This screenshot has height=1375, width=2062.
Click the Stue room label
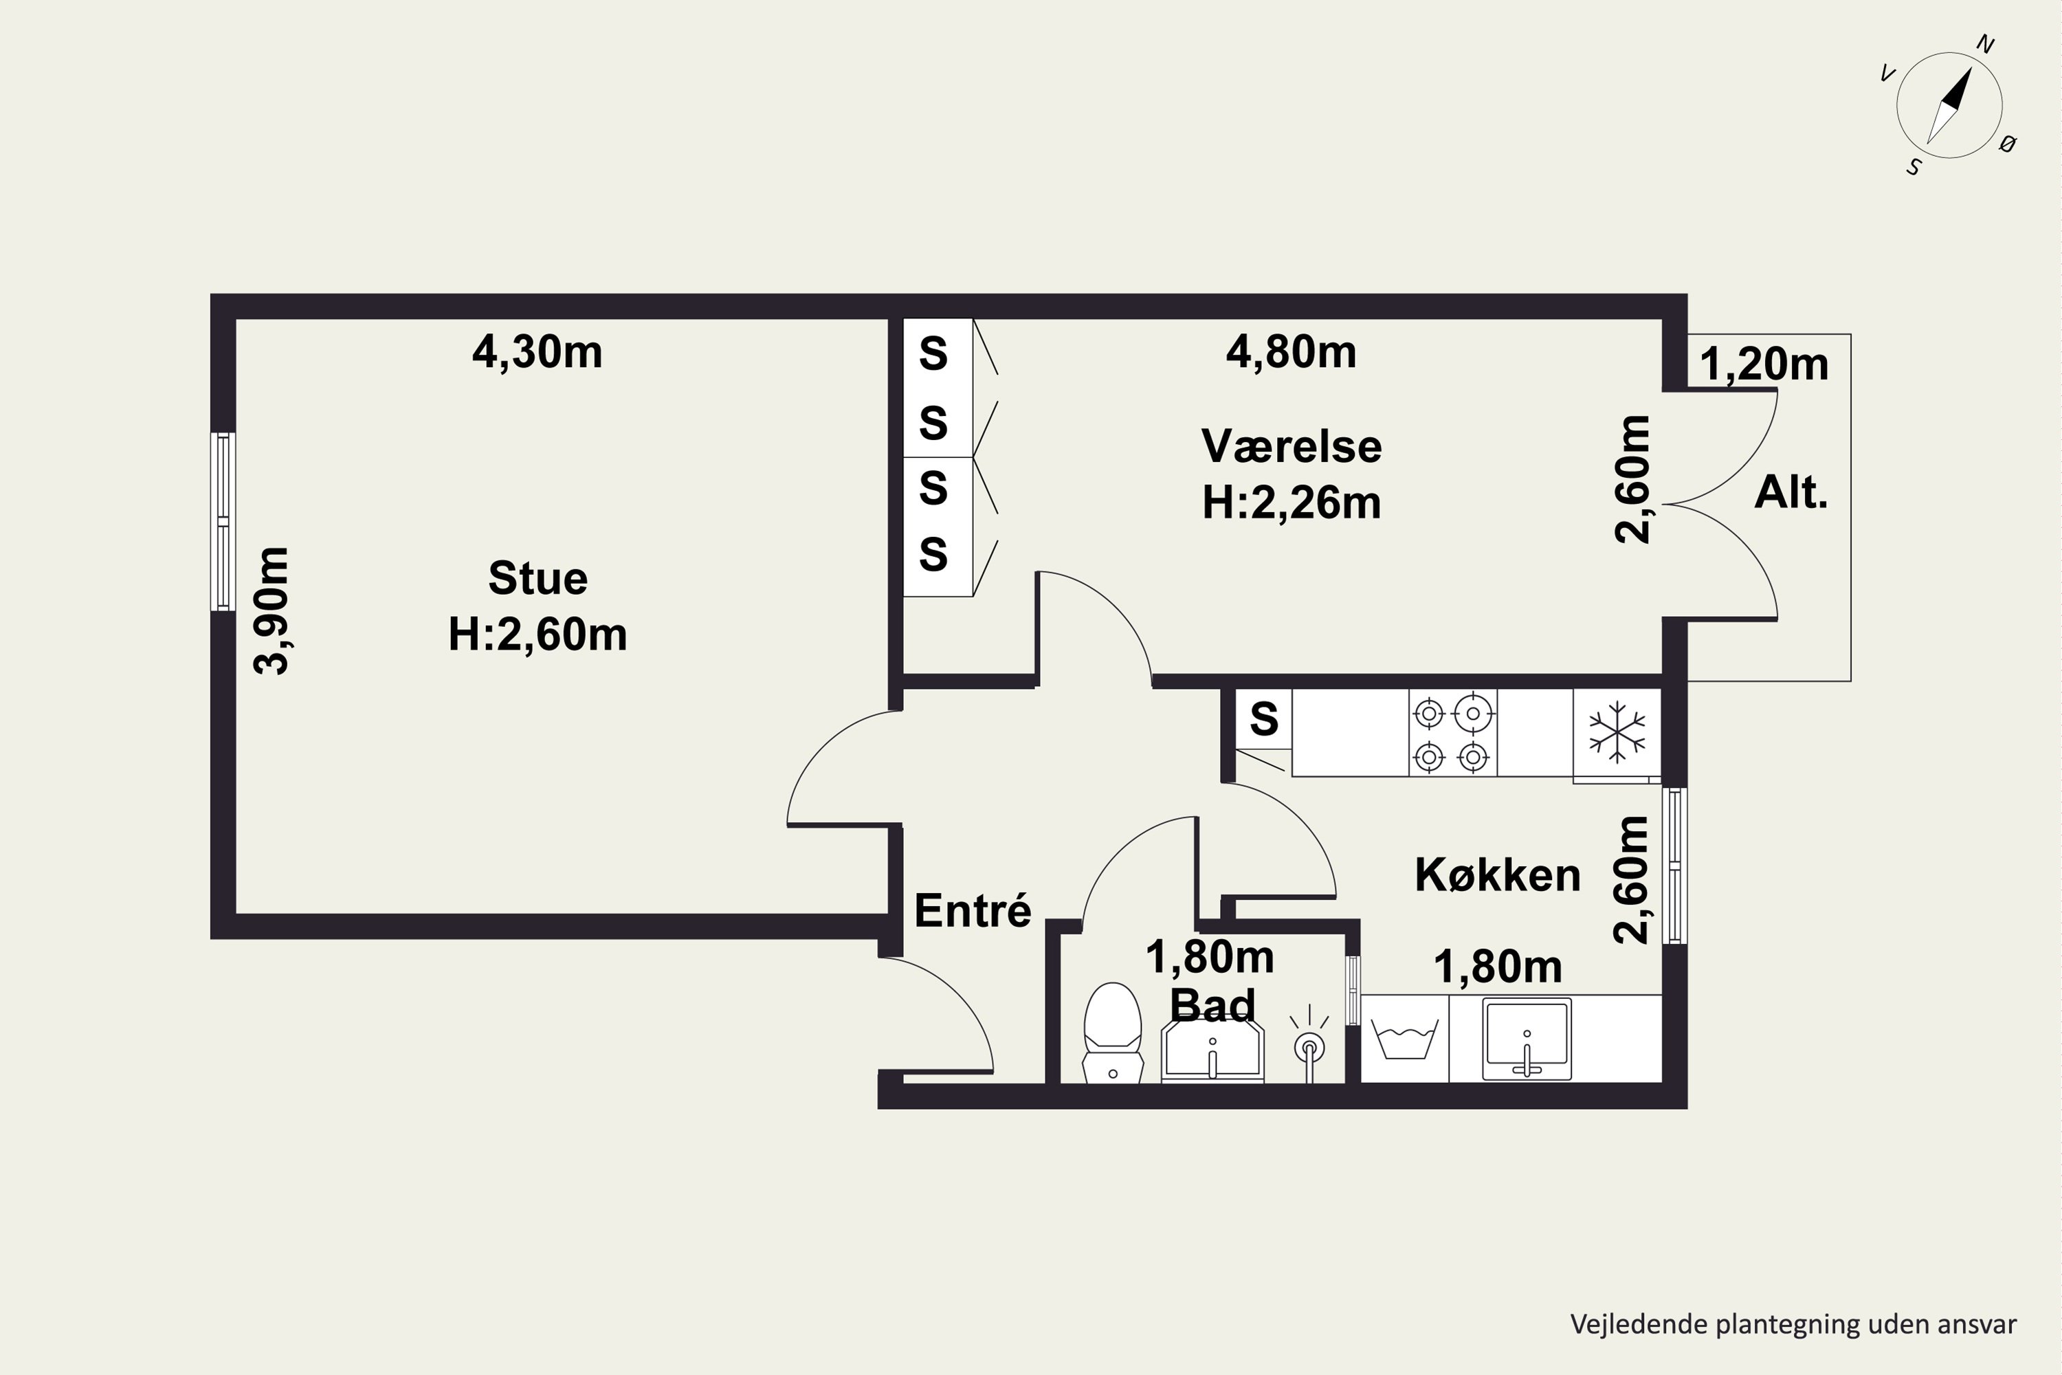point(537,579)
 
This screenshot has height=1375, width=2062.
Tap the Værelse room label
point(1291,446)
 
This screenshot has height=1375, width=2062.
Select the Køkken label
point(1498,875)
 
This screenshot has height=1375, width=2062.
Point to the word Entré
point(973,910)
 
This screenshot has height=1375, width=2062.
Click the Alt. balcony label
point(1791,493)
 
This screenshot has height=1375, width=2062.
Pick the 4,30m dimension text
point(537,353)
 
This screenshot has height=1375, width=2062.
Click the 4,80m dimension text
point(1291,353)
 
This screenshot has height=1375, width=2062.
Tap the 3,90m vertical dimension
point(271,610)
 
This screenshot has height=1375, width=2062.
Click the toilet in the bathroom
point(1113,1032)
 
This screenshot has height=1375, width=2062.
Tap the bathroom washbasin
point(1212,1050)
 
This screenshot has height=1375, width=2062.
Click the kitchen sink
point(1527,1039)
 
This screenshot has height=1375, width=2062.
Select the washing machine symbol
point(1404,1039)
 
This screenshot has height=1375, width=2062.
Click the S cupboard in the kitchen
point(1263,719)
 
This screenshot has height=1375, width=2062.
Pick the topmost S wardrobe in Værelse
point(938,353)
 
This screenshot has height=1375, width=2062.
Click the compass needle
point(1949,105)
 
